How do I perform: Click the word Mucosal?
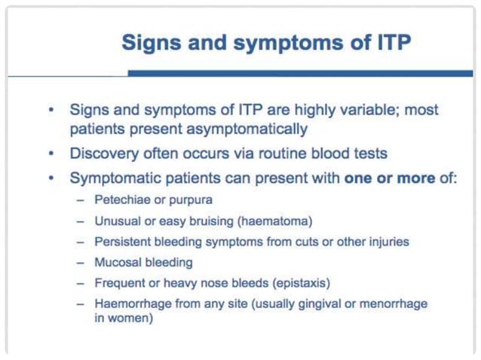coord(117,263)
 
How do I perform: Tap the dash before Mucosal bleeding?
coord(81,263)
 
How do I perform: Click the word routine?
coord(286,154)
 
